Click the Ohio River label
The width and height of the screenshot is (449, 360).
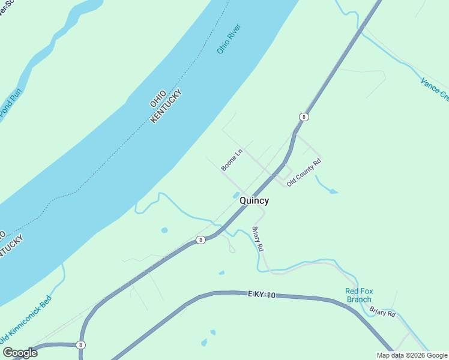(x=229, y=39)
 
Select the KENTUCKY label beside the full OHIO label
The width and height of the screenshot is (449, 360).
(x=165, y=107)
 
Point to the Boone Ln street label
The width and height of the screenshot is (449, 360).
(x=231, y=160)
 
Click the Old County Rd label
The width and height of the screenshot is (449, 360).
(x=304, y=172)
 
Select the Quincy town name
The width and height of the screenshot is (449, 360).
(x=254, y=201)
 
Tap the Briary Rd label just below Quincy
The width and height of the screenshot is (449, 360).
(x=258, y=239)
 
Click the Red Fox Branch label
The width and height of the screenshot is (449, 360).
(x=359, y=295)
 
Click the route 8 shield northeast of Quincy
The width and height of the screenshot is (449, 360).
(x=304, y=117)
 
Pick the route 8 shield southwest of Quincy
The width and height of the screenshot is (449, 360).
(x=200, y=240)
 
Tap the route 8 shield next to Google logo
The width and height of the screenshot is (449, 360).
(x=80, y=345)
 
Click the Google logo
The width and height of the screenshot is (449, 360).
(x=20, y=353)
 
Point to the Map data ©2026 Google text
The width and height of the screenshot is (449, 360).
(x=412, y=355)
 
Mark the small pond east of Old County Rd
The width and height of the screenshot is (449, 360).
(x=333, y=191)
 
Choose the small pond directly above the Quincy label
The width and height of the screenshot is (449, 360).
(x=235, y=194)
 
